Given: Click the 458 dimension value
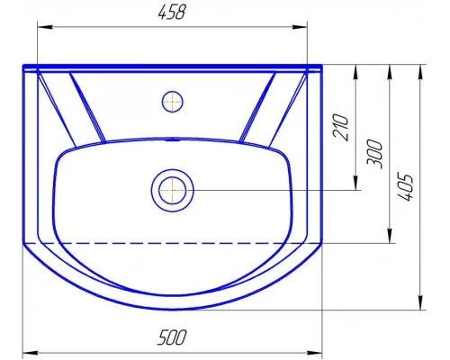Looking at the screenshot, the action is tap(172, 13).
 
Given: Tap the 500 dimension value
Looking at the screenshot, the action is tap(172, 337).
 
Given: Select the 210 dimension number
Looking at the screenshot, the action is tap(342, 127).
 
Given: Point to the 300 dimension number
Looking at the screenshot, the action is tap(375, 154).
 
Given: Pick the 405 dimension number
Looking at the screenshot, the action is tap(406, 186).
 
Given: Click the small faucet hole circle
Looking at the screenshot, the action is tap(172, 102).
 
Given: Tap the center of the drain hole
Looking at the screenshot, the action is tap(173, 190).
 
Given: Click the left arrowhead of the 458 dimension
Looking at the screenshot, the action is tap(45, 27).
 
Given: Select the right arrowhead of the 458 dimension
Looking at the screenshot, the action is tap(300, 27).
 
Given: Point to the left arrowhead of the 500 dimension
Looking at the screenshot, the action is tap(31, 353).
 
